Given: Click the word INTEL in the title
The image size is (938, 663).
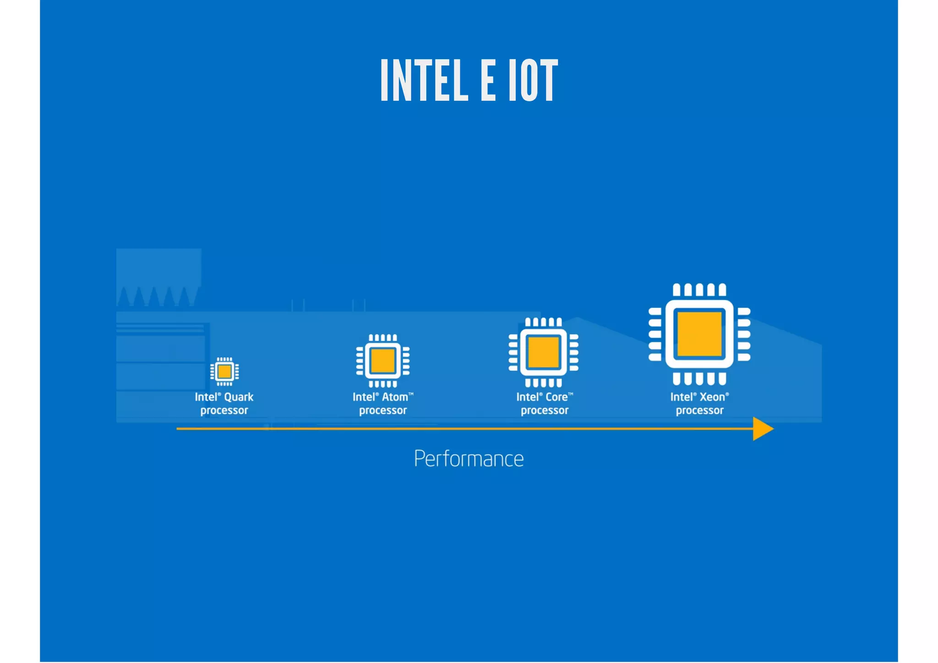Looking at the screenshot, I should pos(424,81).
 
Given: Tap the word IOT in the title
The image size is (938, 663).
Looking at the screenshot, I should pos(533,81).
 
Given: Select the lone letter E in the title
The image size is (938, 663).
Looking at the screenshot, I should pos(488,81).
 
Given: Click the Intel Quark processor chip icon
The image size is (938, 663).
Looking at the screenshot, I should pos(224,371).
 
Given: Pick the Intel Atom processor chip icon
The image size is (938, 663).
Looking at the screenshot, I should pos(383,361).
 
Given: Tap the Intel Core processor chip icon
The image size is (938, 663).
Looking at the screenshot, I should pos(544,352).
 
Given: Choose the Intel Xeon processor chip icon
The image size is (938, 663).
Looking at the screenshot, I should pos(699,334).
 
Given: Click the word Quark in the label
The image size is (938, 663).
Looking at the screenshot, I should pos(239,397).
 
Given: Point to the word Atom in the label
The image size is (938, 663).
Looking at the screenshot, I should pos(395,397).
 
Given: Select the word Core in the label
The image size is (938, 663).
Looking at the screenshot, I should pos(556,397).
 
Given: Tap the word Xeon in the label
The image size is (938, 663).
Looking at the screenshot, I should pos(712,397).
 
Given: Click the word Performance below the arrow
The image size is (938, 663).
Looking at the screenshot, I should pos(469,459).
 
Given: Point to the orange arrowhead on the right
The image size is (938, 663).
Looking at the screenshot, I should pos(762,429).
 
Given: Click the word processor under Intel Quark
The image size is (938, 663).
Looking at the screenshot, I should pos(224,411).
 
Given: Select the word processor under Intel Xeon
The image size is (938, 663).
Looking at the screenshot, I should pos(699,411).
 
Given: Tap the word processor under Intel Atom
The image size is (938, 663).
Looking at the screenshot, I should pos(383,411).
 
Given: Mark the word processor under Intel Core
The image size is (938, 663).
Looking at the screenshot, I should pos(544,411).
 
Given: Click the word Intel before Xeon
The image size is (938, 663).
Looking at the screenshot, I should pos(681,397).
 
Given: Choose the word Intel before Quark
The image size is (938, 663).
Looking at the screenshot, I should pos(206,397).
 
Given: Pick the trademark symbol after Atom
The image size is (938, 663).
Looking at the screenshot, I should pos(411,394).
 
